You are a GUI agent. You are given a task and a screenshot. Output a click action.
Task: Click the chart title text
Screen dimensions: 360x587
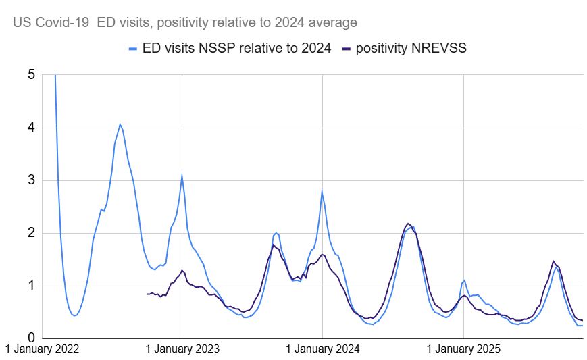184,22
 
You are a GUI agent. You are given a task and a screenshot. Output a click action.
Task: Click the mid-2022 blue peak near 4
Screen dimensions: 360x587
120,124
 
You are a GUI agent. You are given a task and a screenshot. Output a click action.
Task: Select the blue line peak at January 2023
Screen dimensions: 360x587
182,175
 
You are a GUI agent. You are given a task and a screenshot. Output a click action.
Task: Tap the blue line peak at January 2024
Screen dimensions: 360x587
322,191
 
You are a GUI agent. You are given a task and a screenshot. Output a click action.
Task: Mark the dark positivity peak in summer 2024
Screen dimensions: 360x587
407,224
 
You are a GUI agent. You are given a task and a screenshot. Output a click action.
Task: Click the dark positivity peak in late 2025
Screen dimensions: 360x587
553,261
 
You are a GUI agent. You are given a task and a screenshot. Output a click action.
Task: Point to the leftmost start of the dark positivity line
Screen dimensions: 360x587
147,294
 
